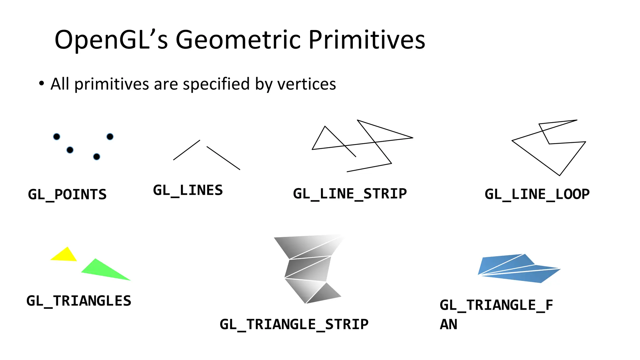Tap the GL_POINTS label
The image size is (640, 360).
[67, 195]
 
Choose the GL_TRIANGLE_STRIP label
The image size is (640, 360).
[294, 324]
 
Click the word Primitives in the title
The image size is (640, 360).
[367, 40]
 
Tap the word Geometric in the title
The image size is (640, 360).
[238, 40]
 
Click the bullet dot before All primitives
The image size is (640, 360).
[41, 84]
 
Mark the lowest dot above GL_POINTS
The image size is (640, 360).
[97, 157]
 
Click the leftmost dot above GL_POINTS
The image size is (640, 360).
[57, 137]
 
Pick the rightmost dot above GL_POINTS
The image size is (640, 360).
[110, 137]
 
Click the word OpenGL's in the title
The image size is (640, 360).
[111, 40]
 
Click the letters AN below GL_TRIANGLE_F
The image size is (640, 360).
[448, 324]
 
